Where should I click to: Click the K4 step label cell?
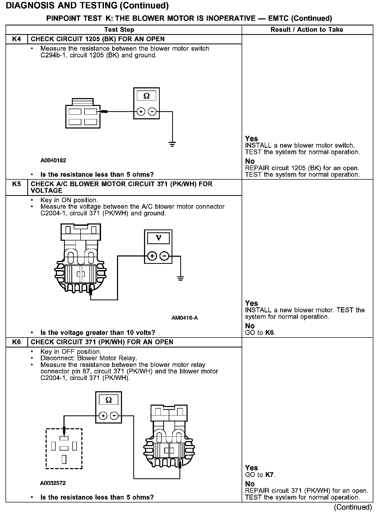17,39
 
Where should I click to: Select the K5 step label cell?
17,184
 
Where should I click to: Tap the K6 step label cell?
17,342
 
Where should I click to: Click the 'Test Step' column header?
119,30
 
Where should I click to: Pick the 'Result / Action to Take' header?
307,30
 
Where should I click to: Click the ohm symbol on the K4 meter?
146,96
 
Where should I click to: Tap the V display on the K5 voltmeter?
158,238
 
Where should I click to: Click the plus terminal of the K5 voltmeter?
152,256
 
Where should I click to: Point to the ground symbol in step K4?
172,144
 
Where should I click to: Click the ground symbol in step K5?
180,278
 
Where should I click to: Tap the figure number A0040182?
53,160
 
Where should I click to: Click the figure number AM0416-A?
184,318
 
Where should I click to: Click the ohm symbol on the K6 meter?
108,400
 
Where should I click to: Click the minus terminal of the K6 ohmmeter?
114,416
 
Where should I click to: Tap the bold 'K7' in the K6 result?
270,475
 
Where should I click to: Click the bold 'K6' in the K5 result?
269,333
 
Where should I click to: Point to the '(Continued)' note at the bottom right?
353,507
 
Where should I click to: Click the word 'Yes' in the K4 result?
251,139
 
